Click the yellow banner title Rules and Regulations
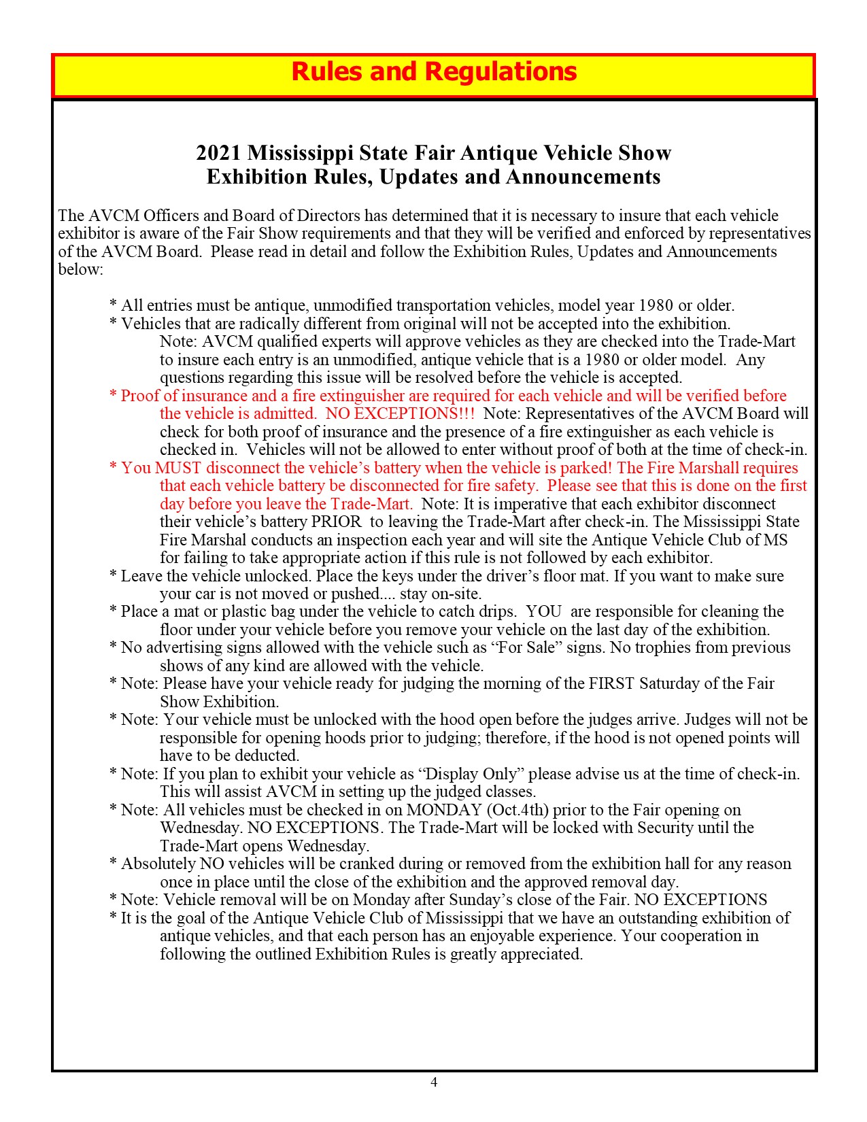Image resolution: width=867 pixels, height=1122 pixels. pos(434,72)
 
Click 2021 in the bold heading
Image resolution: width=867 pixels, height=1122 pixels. pos(218,152)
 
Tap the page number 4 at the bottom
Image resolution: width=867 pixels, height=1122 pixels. pos(434,1082)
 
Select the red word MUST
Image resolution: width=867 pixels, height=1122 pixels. pos(178,468)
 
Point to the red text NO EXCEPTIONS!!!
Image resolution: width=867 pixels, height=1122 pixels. pos(400,413)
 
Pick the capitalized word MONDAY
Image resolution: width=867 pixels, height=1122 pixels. pos(444,810)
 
